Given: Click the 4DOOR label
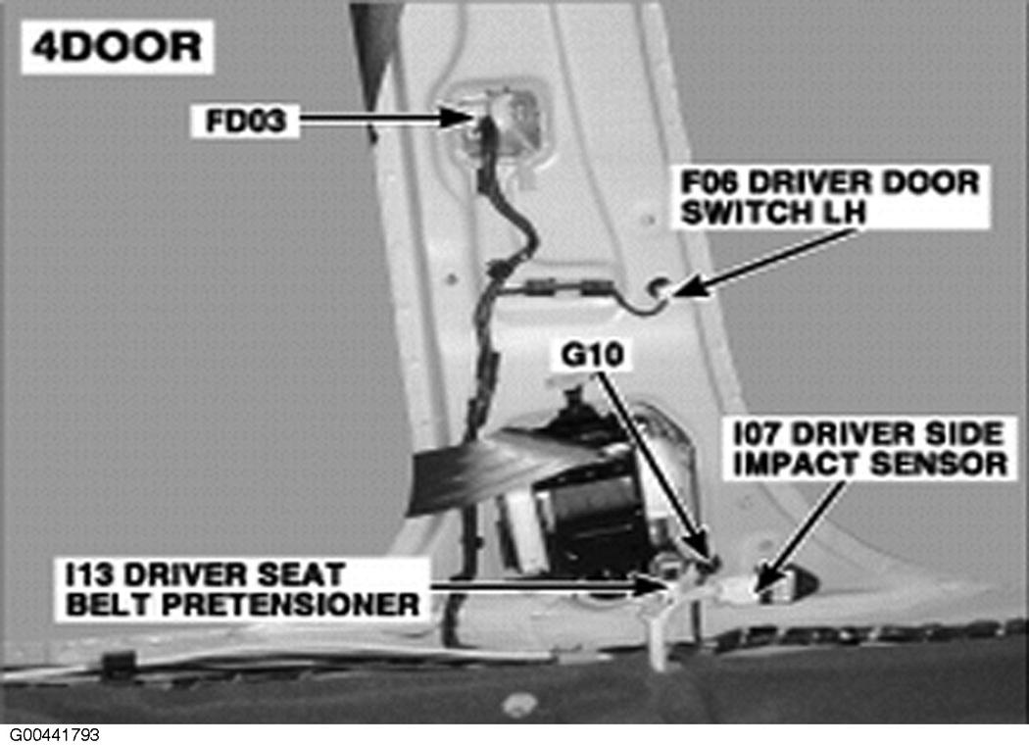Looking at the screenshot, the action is [117, 47].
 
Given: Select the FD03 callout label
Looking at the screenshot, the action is [245, 121].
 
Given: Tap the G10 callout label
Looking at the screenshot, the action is [593, 355].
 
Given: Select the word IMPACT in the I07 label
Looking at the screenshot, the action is [797, 464].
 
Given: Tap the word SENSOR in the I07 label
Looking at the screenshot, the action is [939, 464].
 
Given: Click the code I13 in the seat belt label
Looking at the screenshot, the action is [90, 575].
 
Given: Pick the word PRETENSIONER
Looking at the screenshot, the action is [290, 605].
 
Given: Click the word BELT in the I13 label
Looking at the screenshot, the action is [109, 605].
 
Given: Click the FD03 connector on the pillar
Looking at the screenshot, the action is [500, 124].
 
